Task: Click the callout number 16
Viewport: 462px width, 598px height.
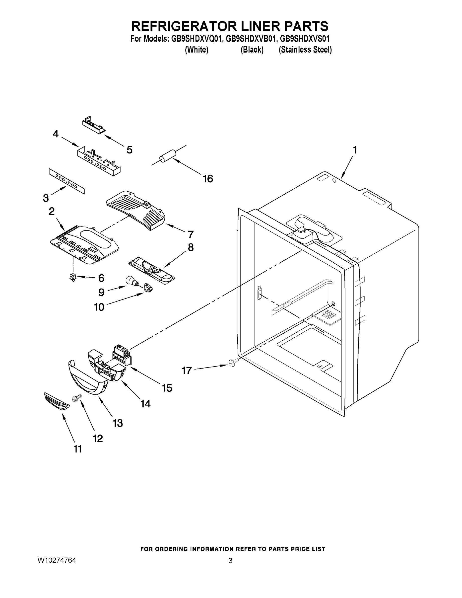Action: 208,179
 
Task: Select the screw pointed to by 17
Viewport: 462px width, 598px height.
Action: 232,363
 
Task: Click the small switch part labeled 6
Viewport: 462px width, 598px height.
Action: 72,278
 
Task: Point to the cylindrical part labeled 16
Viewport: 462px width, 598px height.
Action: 168,156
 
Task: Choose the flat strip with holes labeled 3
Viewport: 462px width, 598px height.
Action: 66,181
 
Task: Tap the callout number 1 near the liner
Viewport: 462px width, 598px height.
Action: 355,150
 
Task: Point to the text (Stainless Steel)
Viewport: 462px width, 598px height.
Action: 305,50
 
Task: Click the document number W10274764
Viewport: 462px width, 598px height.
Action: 57,560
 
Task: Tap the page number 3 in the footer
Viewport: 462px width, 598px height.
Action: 230,560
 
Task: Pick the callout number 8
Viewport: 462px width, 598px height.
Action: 191,247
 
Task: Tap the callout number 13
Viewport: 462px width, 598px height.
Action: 118,423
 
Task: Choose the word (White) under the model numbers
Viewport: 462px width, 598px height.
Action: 197,50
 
